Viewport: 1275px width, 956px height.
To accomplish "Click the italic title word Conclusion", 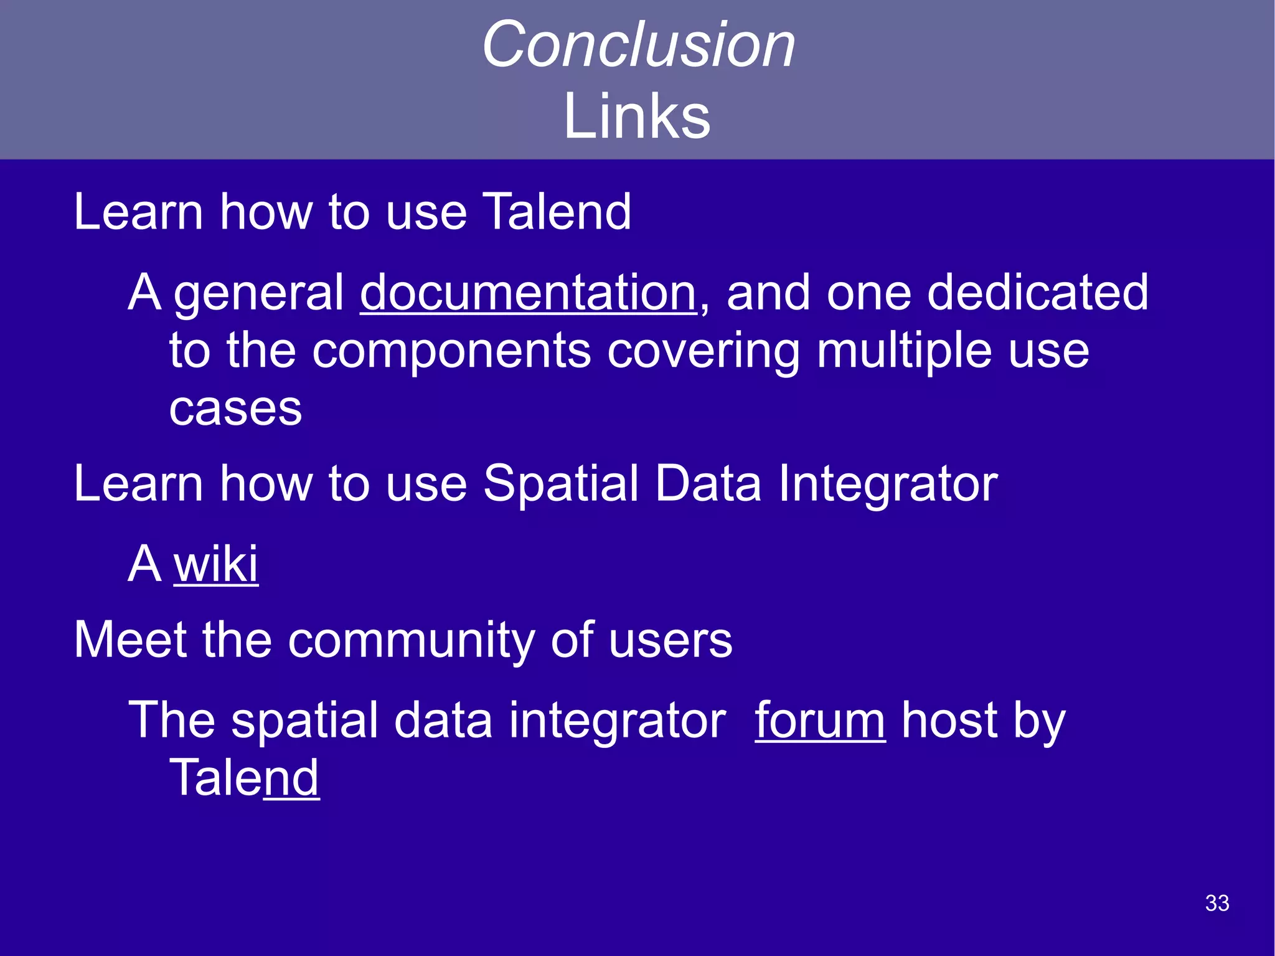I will point(638,44).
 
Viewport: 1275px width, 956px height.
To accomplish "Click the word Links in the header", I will point(636,116).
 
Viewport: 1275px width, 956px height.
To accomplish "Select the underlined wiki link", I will point(215,564).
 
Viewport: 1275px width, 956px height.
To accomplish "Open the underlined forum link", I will point(819,721).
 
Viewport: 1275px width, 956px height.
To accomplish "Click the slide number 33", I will point(1217,903).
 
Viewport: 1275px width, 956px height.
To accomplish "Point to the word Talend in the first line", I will point(557,212).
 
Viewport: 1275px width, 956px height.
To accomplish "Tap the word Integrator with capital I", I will point(888,484).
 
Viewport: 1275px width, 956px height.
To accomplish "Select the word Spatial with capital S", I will point(560,484).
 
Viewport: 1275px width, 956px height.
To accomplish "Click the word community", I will point(411,641).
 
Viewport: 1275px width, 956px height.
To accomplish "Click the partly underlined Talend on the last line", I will point(244,778).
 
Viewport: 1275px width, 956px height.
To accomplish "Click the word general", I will point(258,294).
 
